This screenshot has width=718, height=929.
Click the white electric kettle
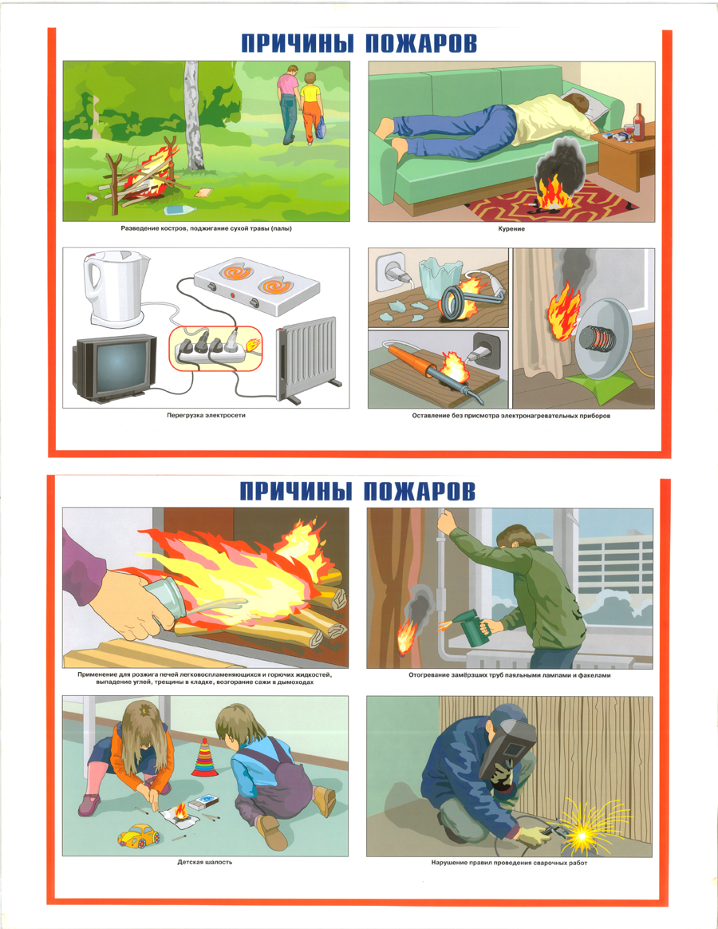pyautogui.click(x=117, y=289)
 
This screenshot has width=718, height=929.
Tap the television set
pyautogui.click(x=114, y=367)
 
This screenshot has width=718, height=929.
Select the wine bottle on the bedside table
pyautogui.click(x=638, y=123)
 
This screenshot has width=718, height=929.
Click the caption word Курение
pyautogui.click(x=511, y=229)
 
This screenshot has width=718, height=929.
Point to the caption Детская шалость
pyautogui.click(x=205, y=862)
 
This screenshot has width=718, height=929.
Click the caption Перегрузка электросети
pyautogui.click(x=206, y=415)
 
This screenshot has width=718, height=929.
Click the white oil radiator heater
pyautogui.click(x=308, y=360)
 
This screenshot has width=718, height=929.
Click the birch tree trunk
pyautogui.click(x=192, y=116)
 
